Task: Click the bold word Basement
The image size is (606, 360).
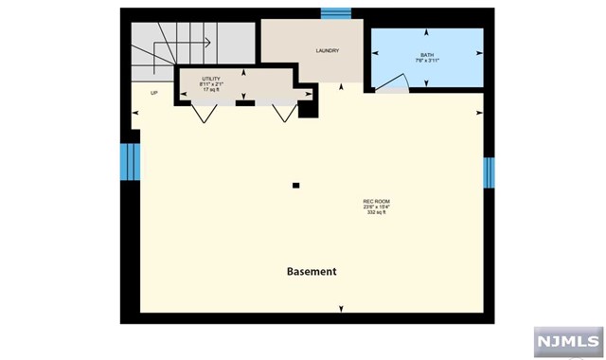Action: [x=312, y=272]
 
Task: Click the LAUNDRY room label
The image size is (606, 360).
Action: [x=327, y=51]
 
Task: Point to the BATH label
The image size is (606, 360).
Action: [x=428, y=56]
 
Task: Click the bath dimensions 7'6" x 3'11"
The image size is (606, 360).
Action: [x=428, y=62]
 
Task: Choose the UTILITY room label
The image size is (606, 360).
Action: [x=211, y=79]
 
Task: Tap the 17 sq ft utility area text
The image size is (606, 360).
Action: [x=211, y=90]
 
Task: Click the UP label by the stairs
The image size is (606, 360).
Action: [x=154, y=93]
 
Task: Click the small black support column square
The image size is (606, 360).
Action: [x=296, y=185]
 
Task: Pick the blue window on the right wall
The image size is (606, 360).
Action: [x=489, y=172]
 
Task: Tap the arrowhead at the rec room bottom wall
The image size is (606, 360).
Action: [x=341, y=308]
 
